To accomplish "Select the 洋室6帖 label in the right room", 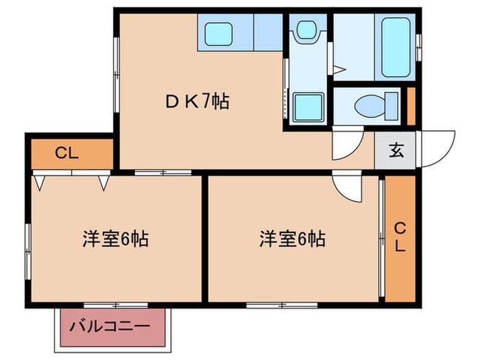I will pos(292,239).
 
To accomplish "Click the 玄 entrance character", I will pos(397,150).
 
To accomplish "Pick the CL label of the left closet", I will pos(67,153).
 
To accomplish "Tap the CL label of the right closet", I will pos(400,237).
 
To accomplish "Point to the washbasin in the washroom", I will pos(304,29).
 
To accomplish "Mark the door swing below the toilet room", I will pos(345,143).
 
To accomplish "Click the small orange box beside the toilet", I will pos(411,107).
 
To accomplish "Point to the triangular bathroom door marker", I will pos(338,68).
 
